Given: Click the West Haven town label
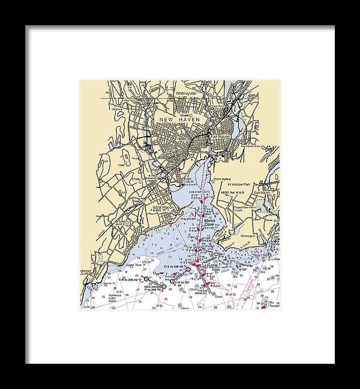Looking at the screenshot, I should (x=163, y=208).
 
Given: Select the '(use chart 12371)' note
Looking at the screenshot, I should (x=198, y=191).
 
